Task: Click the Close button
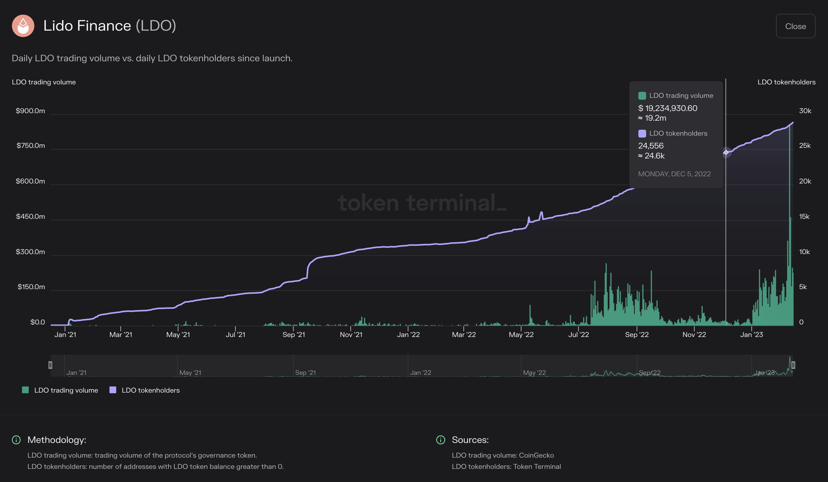click(x=795, y=26)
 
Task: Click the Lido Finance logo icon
click(x=23, y=26)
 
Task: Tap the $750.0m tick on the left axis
click(x=31, y=146)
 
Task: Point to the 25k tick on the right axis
click(x=805, y=146)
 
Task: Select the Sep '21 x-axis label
click(x=293, y=335)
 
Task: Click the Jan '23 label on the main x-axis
click(x=751, y=335)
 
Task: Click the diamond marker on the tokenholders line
click(x=726, y=152)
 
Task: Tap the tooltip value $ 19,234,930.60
click(x=667, y=108)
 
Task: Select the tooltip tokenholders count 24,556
click(x=651, y=146)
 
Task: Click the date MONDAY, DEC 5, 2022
click(x=674, y=174)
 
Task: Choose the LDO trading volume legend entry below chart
click(x=60, y=390)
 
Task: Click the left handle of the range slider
click(x=50, y=365)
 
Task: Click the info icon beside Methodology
click(x=16, y=440)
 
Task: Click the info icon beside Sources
click(x=440, y=440)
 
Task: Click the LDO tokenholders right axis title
click(x=786, y=82)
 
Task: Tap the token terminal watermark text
click(x=422, y=203)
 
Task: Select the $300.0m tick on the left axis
click(x=30, y=252)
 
